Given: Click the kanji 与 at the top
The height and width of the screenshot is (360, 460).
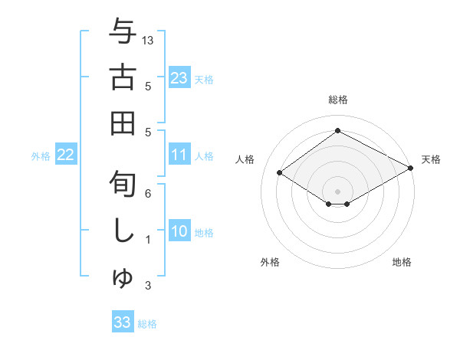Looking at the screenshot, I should [x=123, y=34].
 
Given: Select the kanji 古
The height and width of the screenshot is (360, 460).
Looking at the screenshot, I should [x=123, y=78].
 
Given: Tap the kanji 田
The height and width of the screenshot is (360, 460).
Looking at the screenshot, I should [x=123, y=123].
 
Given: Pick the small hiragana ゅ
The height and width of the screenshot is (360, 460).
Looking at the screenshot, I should [x=123, y=278].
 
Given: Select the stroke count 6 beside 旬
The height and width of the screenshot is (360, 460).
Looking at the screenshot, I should [x=148, y=194].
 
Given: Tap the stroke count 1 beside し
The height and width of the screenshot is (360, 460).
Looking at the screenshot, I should [x=148, y=240].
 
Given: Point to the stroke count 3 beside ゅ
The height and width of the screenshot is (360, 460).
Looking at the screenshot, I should [x=148, y=286].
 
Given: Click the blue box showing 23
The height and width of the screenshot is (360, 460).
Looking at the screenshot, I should [x=179, y=77].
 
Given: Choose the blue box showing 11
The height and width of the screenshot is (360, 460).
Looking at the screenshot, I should [x=179, y=155].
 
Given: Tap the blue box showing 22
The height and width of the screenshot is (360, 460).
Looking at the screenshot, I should [x=65, y=155].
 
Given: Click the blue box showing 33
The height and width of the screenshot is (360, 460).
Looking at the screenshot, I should [x=123, y=322].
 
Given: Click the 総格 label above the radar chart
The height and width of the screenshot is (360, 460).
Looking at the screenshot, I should [x=337, y=100].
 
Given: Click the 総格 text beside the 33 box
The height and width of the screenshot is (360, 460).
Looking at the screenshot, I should [x=147, y=324].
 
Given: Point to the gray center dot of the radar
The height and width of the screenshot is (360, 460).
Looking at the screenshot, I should [x=337, y=190].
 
